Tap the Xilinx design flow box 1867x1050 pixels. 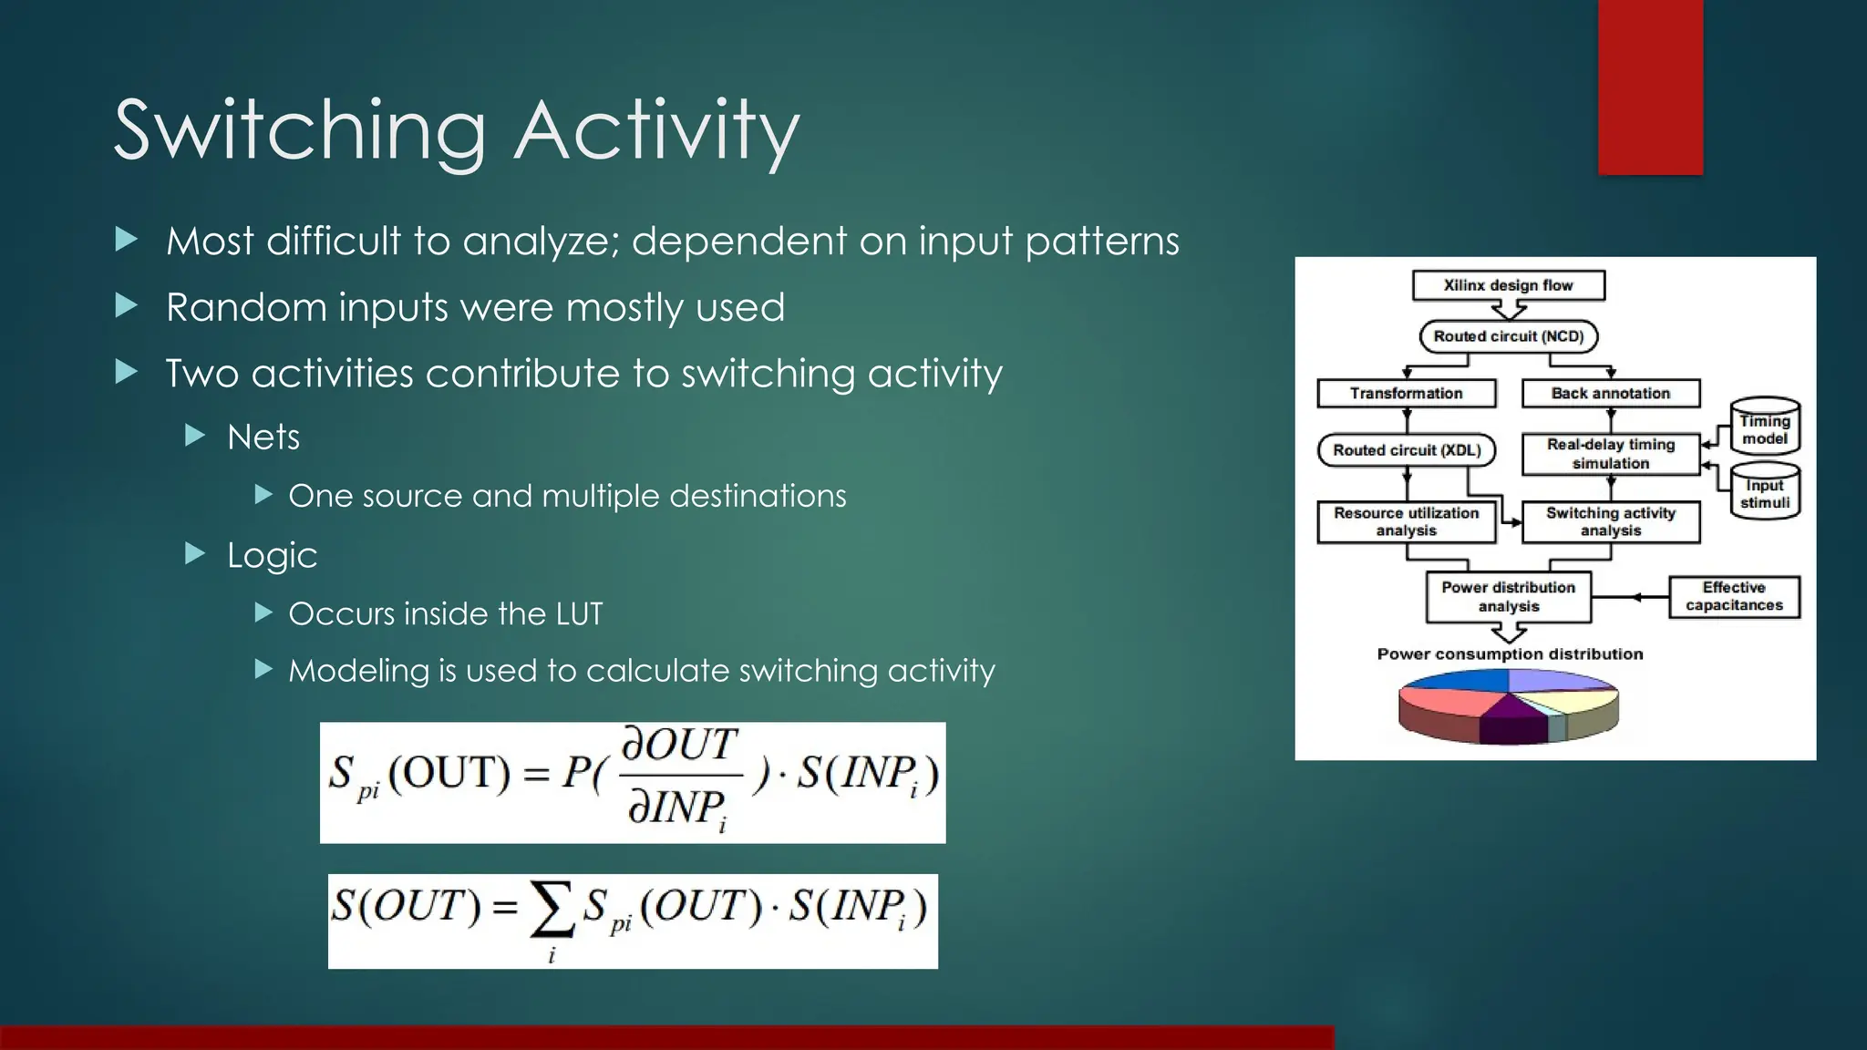[1508, 285]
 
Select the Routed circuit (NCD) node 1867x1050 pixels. [1508, 336]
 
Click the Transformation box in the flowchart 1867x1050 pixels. [1406, 394]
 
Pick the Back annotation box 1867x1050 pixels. [1610, 394]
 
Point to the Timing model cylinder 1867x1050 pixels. [1764, 427]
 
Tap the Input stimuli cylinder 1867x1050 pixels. [1764, 492]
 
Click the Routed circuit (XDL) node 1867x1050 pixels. [1406, 450]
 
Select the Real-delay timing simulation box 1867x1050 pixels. [1610, 454]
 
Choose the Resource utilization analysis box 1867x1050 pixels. [1406, 521]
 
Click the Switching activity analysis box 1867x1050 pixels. [1610, 521]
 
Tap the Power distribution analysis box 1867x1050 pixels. [1508, 597]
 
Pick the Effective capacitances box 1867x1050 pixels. [1733, 597]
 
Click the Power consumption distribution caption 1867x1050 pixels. [1510, 654]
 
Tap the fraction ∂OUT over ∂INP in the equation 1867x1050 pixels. [679, 776]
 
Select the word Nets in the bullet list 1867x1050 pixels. [263, 437]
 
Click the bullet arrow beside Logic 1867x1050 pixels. [195, 553]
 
